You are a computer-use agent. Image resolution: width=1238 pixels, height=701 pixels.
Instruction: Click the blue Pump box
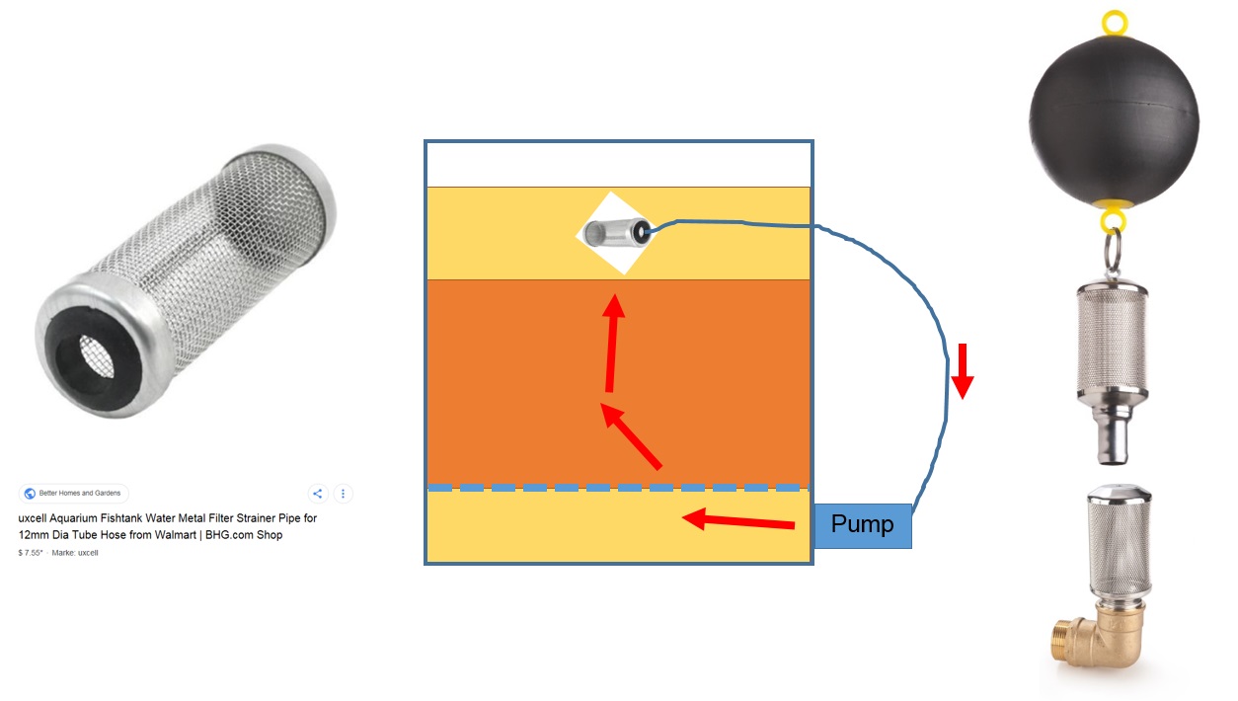[x=862, y=524]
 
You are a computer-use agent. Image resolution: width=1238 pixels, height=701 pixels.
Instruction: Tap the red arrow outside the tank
[x=963, y=371]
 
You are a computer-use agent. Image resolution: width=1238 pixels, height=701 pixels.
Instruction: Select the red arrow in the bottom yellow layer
[x=740, y=520]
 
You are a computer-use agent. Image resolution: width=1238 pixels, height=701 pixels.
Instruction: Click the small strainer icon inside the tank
[x=614, y=233]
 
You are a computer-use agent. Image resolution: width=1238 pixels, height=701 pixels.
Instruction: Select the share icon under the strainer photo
[x=318, y=494]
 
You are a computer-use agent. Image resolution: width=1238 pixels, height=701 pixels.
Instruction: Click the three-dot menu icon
[x=343, y=494]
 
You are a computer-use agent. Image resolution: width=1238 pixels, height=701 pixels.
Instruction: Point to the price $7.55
[x=30, y=553]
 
